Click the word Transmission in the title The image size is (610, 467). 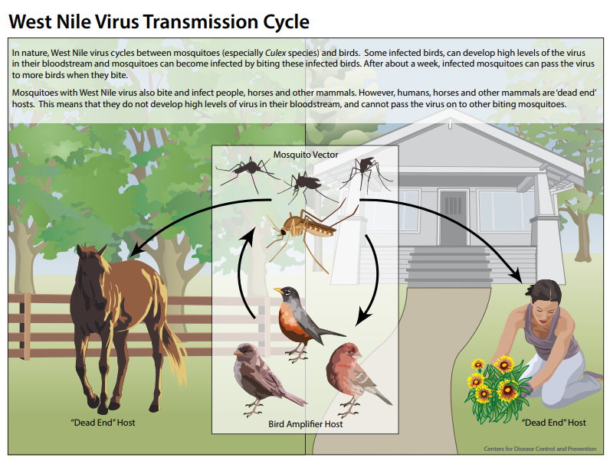coord(201,21)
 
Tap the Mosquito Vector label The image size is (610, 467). coord(306,155)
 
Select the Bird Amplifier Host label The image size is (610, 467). coord(306,424)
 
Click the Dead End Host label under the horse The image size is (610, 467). coord(103,423)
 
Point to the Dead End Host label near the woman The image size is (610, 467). coord(553,423)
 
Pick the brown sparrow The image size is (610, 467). coord(264,379)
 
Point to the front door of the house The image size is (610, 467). coord(453,217)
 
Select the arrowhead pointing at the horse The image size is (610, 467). coord(136,250)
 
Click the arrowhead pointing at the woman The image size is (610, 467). coord(517,275)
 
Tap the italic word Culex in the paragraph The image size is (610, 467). coord(275,53)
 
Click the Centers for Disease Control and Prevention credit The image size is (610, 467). coord(540,449)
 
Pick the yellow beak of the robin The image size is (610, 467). coord(277,290)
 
